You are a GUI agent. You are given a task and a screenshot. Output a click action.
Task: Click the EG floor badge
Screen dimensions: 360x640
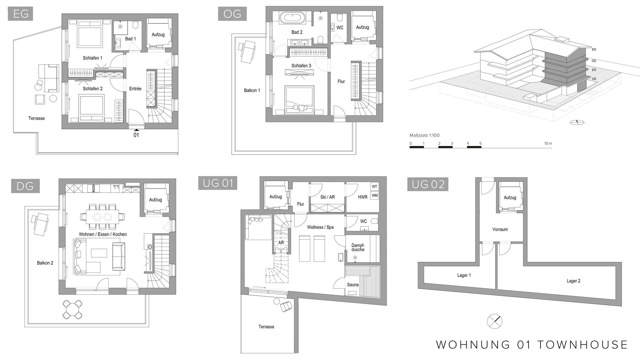20,14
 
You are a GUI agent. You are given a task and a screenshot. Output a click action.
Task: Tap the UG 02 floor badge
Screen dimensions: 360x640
428,184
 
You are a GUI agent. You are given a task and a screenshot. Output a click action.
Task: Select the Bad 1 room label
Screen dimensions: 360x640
130,39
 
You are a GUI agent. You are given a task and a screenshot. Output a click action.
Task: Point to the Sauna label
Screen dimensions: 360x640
353,285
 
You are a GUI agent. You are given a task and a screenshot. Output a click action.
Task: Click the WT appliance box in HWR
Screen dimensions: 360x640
375,187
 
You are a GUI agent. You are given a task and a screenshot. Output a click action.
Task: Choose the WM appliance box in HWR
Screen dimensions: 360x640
375,195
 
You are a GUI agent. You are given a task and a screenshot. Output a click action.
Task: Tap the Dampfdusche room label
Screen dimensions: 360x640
358,247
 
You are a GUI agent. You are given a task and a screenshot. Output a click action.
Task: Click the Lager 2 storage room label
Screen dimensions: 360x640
573,281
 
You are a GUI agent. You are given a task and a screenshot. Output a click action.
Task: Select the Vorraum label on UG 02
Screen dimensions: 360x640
500,229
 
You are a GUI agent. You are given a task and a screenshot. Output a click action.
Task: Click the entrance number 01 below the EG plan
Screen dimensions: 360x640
136,135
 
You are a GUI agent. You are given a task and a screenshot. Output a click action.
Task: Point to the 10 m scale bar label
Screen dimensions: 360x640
548,143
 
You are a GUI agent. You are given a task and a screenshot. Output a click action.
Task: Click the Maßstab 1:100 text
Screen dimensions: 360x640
424,135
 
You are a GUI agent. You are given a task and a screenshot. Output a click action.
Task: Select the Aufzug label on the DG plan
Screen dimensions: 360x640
155,200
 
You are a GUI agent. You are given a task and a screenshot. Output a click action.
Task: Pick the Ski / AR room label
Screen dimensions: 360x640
327,197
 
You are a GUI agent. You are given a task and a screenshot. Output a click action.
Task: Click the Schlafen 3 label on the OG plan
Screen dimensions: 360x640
301,66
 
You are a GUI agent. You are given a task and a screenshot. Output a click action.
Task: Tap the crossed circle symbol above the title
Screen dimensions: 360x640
494,321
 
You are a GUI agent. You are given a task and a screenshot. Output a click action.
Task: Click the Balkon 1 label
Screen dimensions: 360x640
252,90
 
